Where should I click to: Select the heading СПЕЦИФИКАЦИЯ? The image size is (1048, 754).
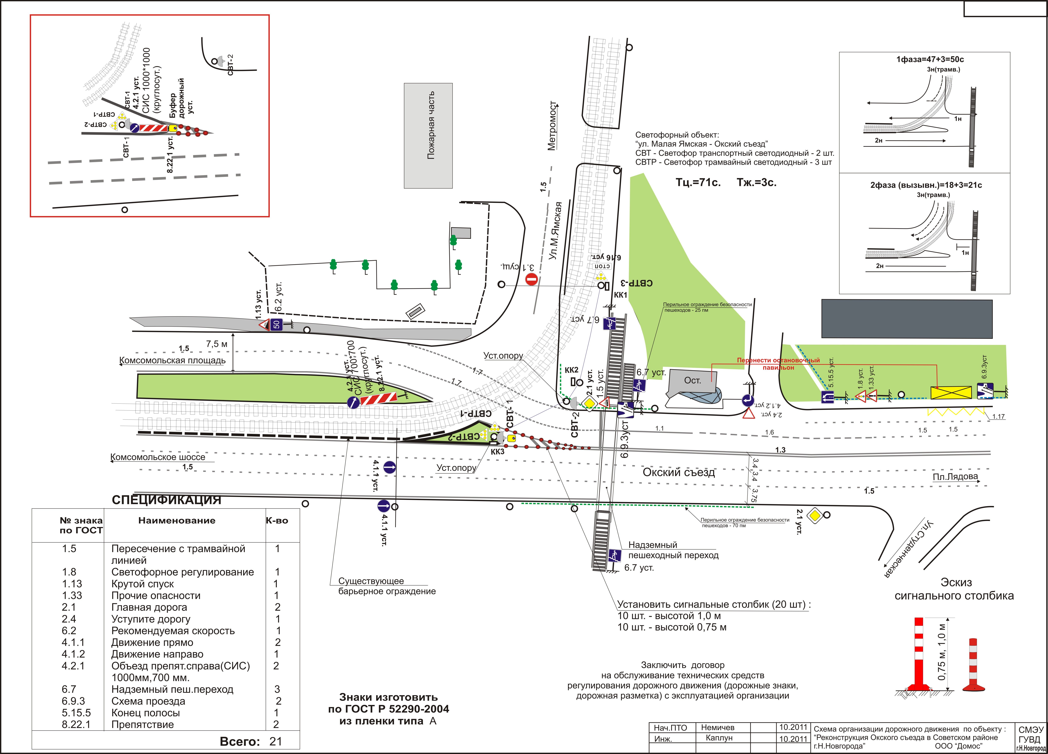coord(166,500)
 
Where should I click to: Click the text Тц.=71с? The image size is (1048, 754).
coord(698,182)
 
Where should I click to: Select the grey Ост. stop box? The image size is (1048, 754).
coord(692,381)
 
